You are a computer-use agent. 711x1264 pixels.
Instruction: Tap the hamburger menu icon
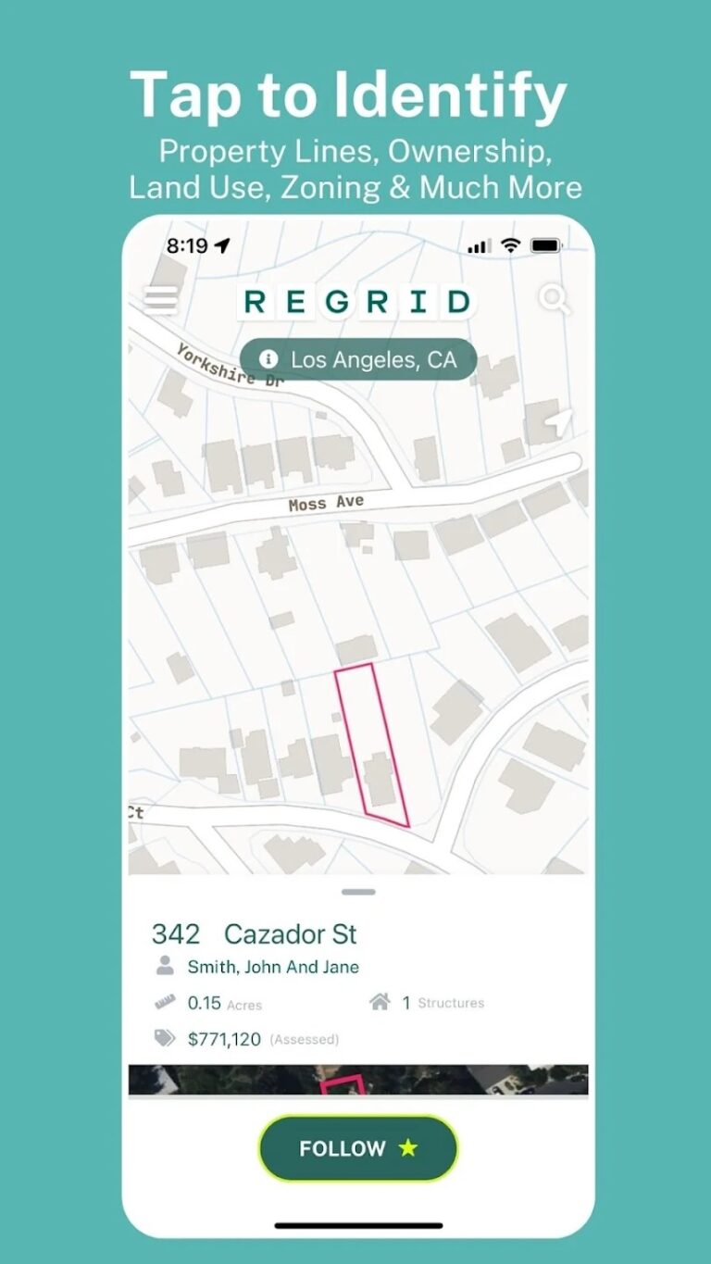coord(161,299)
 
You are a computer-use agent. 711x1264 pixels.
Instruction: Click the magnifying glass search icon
coord(555,299)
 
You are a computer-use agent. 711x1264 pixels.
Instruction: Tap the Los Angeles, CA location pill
coord(358,359)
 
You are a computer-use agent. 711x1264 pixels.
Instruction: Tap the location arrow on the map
coord(558,422)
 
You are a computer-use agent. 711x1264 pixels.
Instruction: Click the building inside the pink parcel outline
coord(379,779)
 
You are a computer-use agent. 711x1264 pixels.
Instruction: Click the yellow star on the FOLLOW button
coord(408,1148)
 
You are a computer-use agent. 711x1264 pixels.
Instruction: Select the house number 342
coord(176,933)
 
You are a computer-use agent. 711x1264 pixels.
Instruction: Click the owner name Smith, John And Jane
coord(273,967)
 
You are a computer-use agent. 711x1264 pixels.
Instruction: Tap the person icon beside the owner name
coord(165,966)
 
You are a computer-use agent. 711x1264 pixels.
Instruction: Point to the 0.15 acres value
coord(205,1003)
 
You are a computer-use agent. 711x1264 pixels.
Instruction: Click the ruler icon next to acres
coord(165,1002)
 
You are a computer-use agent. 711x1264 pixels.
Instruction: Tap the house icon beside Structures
coord(380,1002)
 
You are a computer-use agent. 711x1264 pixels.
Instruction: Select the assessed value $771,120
coord(224,1039)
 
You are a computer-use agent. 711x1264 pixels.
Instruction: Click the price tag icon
coord(165,1038)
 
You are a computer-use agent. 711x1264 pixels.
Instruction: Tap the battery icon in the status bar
coord(546,245)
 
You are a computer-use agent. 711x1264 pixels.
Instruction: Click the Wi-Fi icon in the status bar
coord(510,245)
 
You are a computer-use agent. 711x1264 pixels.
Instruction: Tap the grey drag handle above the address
coord(358,892)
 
